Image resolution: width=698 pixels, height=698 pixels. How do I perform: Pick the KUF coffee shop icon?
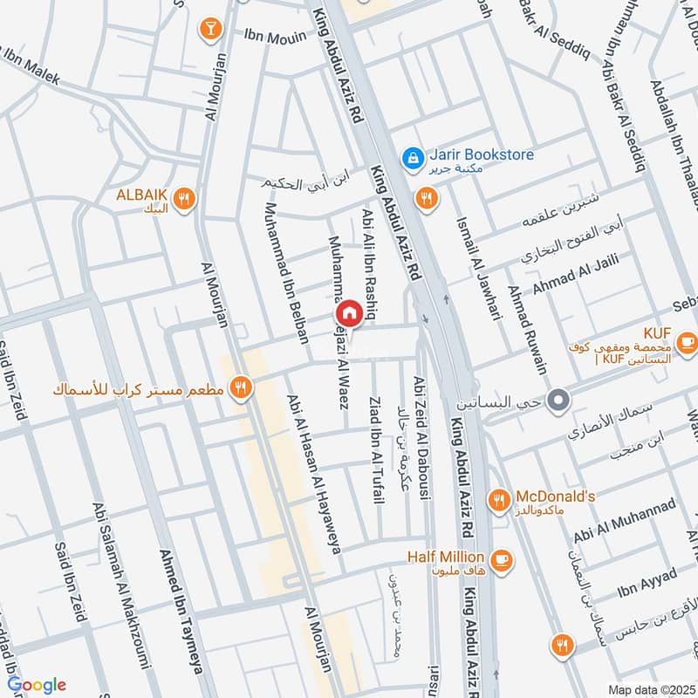click(x=687, y=340)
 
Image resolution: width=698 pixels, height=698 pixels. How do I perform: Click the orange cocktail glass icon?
click(x=209, y=29)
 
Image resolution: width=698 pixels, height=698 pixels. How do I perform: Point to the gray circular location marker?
click(x=560, y=401)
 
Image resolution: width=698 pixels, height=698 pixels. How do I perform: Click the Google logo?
click(x=37, y=685)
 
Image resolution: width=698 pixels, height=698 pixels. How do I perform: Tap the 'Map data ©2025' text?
click(x=651, y=689)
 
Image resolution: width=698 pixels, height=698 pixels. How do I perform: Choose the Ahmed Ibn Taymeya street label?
click(x=176, y=611)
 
